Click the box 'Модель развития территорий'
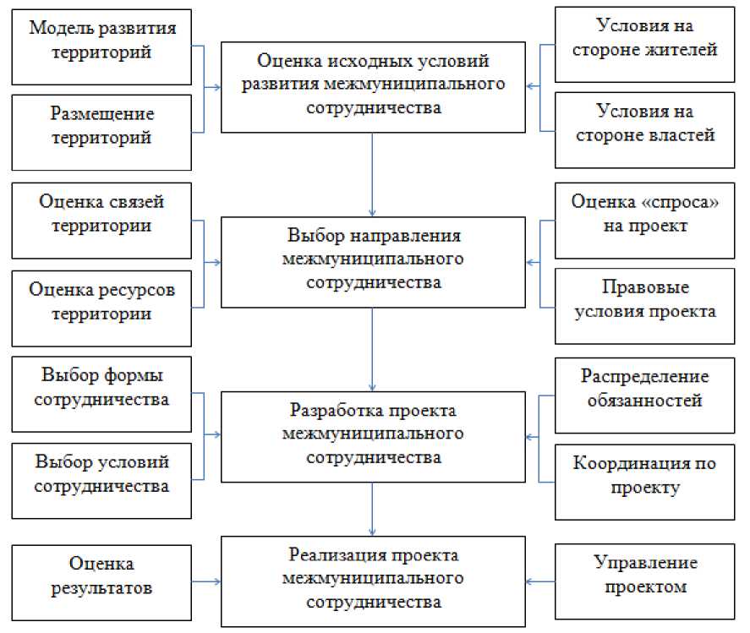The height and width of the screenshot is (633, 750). click(x=102, y=41)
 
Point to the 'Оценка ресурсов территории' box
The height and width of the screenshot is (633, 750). click(x=102, y=303)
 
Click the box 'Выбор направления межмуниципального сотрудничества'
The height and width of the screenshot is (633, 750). click(x=373, y=259)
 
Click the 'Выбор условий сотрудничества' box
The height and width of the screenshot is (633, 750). click(x=102, y=475)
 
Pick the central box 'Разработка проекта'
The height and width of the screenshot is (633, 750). click(x=373, y=434)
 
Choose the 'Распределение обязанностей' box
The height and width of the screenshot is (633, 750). click(x=644, y=390)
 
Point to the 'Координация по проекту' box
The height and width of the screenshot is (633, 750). click(x=644, y=477)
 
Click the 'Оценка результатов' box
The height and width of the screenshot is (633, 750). click(x=102, y=576)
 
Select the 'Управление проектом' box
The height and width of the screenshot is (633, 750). click(x=644, y=576)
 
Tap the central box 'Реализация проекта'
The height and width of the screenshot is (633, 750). click(x=373, y=580)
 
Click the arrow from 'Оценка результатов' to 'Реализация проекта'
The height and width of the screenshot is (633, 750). click(x=206, y=581)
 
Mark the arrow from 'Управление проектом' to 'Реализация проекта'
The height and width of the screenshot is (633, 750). click(x=539, y=581)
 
